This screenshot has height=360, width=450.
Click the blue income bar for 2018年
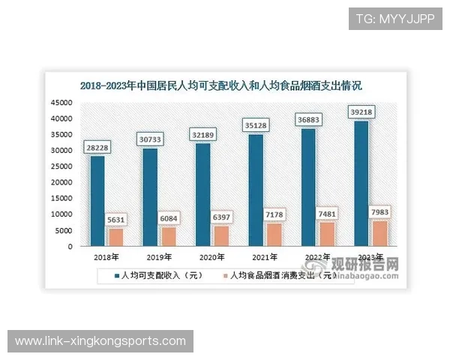97,201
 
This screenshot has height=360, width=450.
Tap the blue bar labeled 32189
202,195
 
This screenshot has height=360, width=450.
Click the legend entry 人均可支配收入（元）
160,275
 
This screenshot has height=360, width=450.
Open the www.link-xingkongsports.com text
100,341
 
